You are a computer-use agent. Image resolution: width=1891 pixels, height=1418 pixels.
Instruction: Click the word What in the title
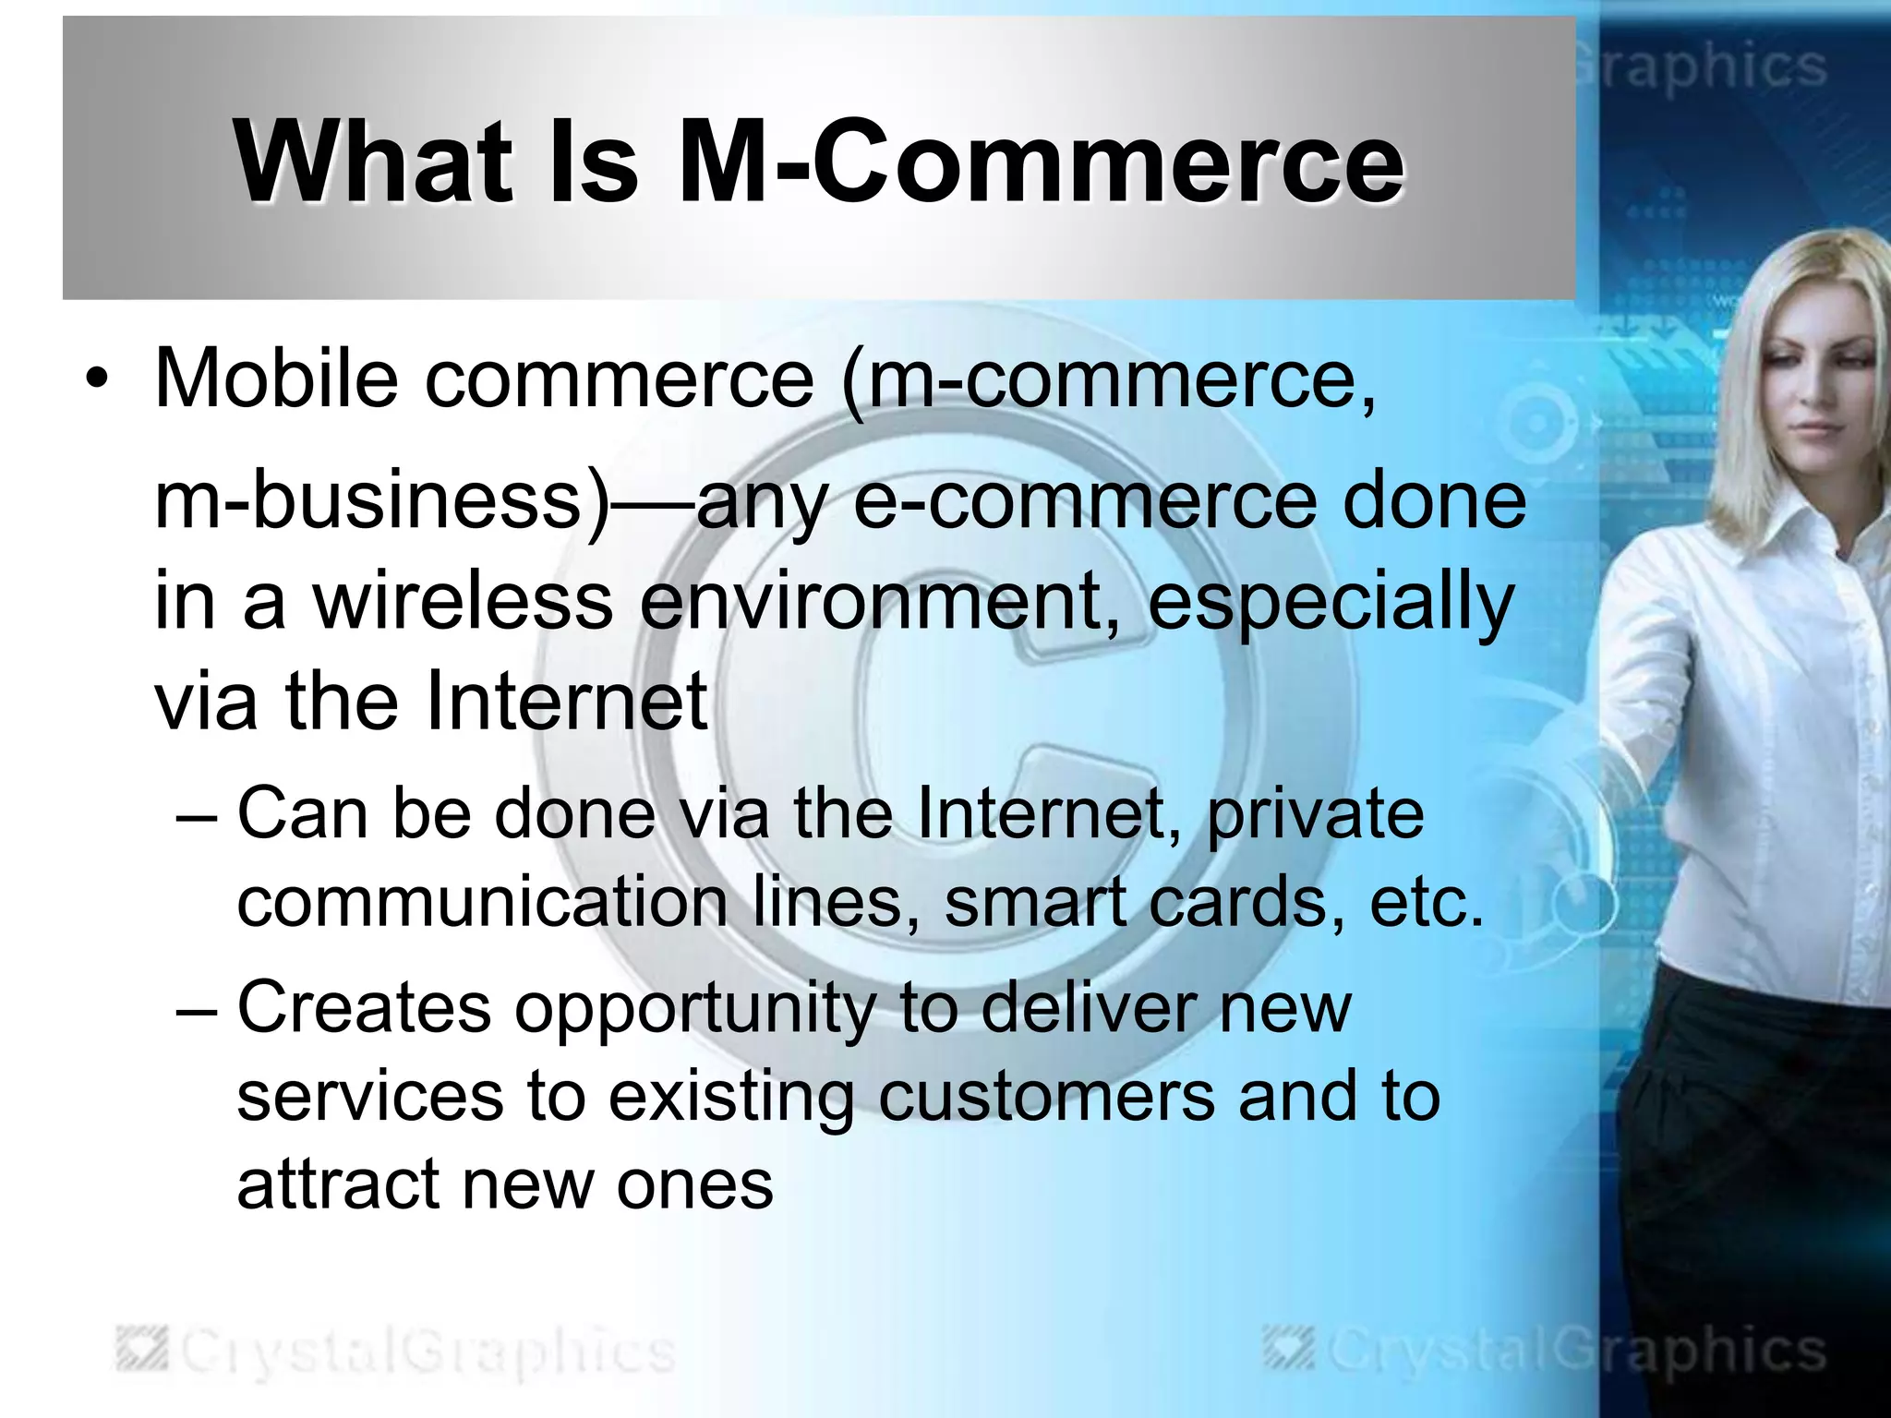click(x=372, y=162)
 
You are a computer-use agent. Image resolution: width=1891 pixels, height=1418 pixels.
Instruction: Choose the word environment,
click(x=880, y=601)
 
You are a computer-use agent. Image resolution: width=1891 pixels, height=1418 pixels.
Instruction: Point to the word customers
click(x=1045, y=1097)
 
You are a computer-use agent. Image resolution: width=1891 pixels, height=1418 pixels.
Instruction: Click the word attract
click(x=337, y=1184)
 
